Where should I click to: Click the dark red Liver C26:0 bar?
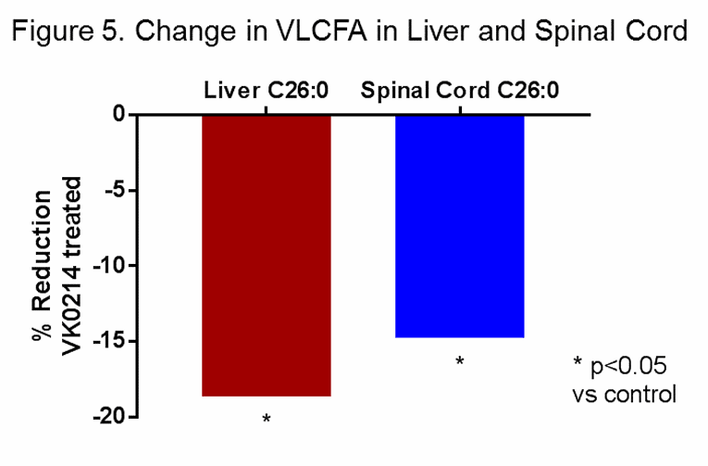click(x=266, y=255)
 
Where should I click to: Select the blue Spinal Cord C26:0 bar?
click(x=459, y=225)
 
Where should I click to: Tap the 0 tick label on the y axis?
click(x=119, y=114)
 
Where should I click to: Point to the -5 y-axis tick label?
click(x=114, y=190)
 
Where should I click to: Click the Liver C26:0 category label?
click(x=267, y=91)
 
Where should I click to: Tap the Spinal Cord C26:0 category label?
click(x=460, y=91)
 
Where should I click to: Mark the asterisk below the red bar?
click(x=267, y=420)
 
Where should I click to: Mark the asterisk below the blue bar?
click(x=459, y=361)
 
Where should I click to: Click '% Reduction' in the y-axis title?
click(x=43, y=264)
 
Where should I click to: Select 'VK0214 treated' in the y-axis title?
click(x=76, y=264)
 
